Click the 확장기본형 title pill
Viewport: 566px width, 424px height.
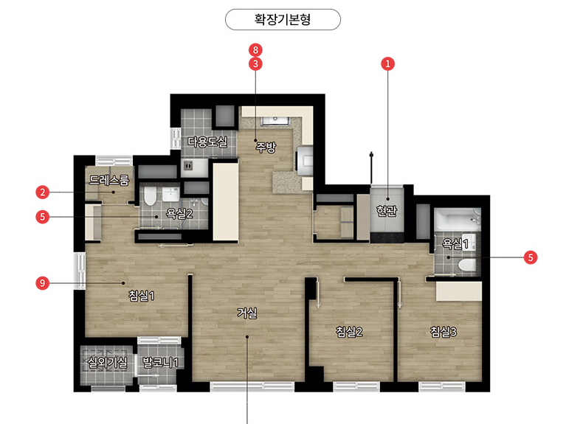tap(283, 19)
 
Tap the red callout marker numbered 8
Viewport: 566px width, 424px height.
tap(255, 50)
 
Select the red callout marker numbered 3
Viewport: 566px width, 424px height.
tap(255, 64)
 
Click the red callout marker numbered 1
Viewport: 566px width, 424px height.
tap(388, 64)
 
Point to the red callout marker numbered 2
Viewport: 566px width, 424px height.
tap(43, 192)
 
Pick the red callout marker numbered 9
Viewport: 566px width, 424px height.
tap(43, 283)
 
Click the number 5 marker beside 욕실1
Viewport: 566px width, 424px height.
tap(531, 257)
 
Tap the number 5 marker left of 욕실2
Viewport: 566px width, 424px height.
tap(43, 217)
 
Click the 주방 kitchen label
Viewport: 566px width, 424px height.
tap(266, 147)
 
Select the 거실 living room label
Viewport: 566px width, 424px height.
tap(247, 313)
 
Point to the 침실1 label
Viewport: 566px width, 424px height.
tap(142, 296)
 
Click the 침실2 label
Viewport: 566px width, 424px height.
tap(349, 331)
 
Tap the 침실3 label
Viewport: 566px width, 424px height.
tap(444, 331)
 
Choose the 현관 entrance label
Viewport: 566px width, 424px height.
tap(387, 211)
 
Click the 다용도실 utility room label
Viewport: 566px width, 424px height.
tap(207, 142)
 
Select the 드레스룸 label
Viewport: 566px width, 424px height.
tap(109, 180)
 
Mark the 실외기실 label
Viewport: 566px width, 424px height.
tap(108, 362)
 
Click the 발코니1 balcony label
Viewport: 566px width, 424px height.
tap(161, 362)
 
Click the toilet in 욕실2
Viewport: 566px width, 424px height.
tap(150, 196)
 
